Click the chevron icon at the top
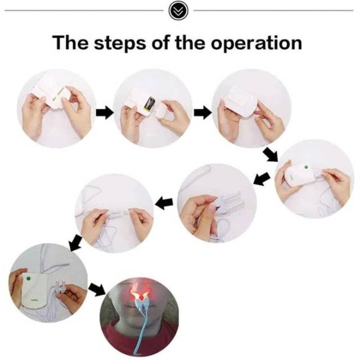coord(180,11)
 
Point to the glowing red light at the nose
coord(139,291)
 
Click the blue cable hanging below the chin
coord(137,326)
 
